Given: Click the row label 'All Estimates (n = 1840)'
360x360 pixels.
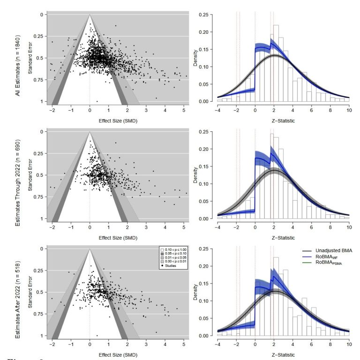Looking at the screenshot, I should pyautogui.click(x=18, y=65).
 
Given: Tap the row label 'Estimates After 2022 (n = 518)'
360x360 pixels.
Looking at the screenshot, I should pyautogui.click(x=18, y=294).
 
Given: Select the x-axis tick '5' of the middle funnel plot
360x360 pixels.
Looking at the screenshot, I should pyautogui.click(x=184, y=227).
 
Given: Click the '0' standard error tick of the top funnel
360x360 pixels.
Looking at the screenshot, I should pyautogui.click(x=41, y=15).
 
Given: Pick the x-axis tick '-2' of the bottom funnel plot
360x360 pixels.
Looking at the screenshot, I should pyautogui.click(x=52, y=345).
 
